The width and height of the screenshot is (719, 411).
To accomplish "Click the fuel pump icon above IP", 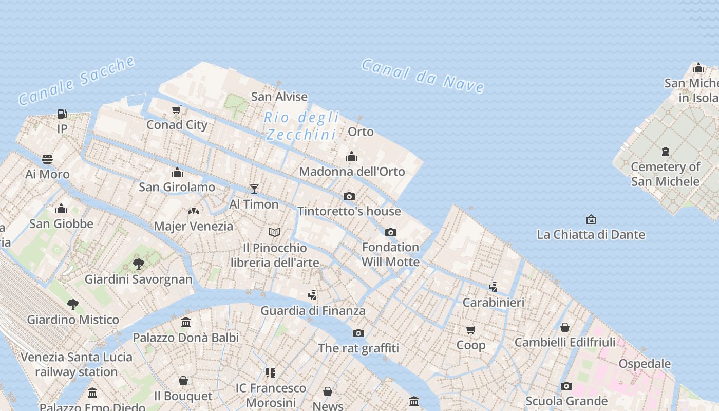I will (x=62, y=114).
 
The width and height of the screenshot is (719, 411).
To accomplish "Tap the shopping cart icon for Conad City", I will (x=177, y=109).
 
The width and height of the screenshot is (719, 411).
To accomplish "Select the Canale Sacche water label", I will (x=77, y=81).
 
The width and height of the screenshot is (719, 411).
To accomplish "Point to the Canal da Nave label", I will (x=423, y=76).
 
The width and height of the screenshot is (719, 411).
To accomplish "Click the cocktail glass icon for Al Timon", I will (x=254, y=189).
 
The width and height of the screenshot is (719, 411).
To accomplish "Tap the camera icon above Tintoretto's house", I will (x=349, y=196).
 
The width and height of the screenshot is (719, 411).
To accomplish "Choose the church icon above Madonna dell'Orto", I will (x=352, y=156).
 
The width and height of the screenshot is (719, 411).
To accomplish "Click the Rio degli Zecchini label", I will (x=301, y=126).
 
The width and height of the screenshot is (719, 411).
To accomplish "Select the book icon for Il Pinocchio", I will (x=275, y=233).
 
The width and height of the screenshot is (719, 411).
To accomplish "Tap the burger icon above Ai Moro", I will (x=47, y=159).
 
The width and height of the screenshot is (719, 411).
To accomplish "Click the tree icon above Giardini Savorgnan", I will (x=138, y=264).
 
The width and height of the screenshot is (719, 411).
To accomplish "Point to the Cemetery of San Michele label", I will (x=665, y=174).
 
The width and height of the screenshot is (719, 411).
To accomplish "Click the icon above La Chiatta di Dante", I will (x=591, y=219).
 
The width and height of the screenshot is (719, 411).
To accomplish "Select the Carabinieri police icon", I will (x=493, y=287).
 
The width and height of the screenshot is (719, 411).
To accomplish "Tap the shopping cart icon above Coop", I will (x=471, y=330).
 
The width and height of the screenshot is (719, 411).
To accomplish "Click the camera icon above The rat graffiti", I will (x=358, y=333).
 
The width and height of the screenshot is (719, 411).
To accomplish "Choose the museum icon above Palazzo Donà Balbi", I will (x=186, y=322).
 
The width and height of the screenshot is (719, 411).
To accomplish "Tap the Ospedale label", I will (x=645, y=364).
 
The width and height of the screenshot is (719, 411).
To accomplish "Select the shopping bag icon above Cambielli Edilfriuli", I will (x=565, y=327).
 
